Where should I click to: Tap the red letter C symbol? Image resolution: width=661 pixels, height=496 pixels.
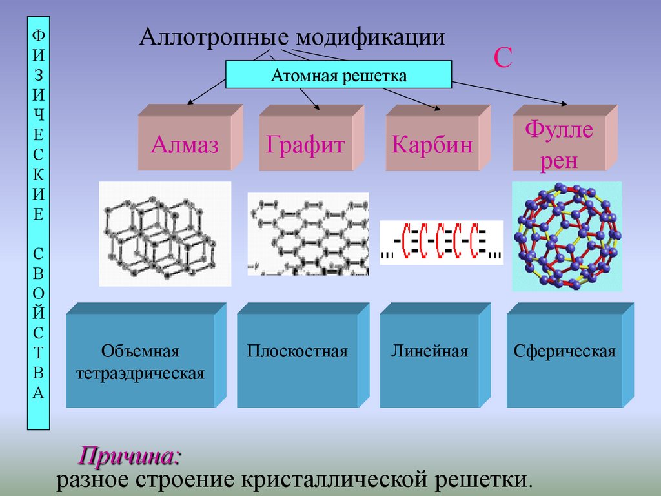[x=503, y=58]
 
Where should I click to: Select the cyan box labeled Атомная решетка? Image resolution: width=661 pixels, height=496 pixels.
[x=338, y=75]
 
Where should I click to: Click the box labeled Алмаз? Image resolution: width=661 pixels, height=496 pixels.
[x=185, y=143]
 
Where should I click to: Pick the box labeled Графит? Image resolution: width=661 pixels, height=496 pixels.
[x=306, y=143]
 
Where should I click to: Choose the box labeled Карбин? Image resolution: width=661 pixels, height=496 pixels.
[x=432, y=143]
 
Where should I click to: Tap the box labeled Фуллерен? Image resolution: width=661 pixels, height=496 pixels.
[x=559, y=143]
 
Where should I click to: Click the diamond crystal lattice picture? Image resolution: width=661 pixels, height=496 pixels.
[x=165, y=234]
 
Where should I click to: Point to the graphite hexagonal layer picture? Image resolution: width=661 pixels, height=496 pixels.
[x=309, y=234]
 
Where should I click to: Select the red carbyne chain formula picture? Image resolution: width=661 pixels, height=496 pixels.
[x=442, y=242]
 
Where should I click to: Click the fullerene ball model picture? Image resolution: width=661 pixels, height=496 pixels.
[x=567, y=236]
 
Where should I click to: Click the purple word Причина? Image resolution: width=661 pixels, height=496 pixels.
[x=129, y=457]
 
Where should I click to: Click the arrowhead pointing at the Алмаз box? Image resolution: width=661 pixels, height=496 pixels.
[x=189, y=102]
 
